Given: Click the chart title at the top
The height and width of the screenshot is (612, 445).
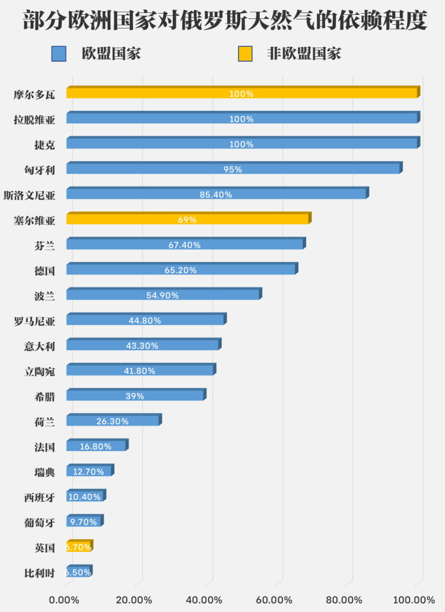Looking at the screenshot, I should tap(223, 21).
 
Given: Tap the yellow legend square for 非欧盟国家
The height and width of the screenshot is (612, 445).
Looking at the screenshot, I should tap(245, 55).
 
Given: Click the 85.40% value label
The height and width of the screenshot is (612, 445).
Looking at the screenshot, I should tap(216, 194).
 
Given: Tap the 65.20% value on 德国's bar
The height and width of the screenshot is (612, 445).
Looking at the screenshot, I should tap(180, 270).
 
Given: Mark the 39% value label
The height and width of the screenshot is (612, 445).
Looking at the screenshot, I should tap(134, 396).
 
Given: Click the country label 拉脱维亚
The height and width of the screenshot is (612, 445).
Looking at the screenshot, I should tap(34, 119).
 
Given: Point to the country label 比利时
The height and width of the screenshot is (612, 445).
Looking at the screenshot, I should tap(39, 573).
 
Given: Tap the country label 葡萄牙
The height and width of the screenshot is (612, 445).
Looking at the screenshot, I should tap(39, 523).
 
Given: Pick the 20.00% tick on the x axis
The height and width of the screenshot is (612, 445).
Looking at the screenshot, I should tap(134, 600).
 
